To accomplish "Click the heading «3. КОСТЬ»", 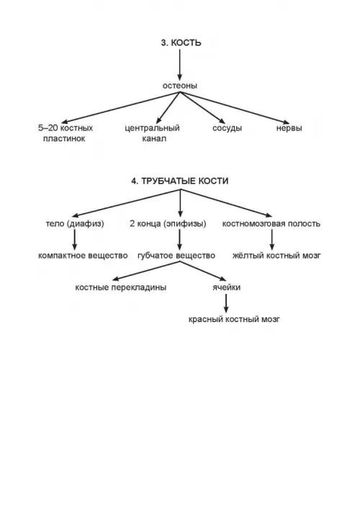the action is point(181,43).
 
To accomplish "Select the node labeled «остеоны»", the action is point(180,86).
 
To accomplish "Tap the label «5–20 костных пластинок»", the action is point(65,133).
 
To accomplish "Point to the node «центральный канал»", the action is point(153,133).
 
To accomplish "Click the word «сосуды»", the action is point(228,128).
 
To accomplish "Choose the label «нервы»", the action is point(289,128).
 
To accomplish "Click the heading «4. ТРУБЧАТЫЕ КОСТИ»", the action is point(180,181).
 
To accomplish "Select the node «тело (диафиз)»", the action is point(75,224).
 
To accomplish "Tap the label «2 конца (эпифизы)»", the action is point(168,224).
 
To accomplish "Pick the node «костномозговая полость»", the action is point(271,224).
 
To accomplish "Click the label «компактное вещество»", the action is point(83,256).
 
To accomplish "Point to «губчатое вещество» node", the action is point(176,256).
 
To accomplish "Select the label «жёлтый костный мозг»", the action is point(276,256).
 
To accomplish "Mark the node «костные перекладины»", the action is point(121,287).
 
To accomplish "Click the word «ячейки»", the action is point(226,287).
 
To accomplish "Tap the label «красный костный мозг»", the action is point(234,319).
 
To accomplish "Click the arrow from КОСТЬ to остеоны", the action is point(179,65).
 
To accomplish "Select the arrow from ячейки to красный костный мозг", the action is point(226,303).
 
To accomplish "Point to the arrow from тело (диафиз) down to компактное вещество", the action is point(75,240).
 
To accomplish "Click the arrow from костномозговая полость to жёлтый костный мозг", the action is point(271,240).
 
